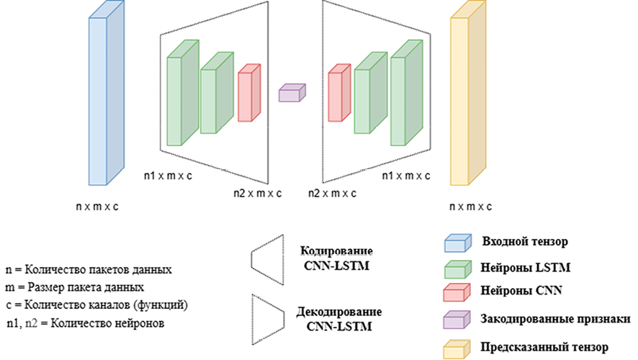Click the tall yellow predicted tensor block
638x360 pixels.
[469, 101]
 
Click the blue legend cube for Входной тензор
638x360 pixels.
[456, 241]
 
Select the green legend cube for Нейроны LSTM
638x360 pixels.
[456, 269]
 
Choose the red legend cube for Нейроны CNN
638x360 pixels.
[456, 291]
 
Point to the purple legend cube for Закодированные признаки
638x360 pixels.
[456, 319]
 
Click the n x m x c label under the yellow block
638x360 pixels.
[469, 207]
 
